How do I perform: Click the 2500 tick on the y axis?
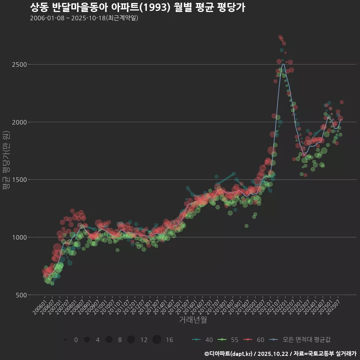[19, 64]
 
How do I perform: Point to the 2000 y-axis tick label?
[19, 122]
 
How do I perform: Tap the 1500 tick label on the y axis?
[19, 180]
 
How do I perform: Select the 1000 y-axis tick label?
[19, 237]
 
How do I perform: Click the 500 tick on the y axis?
[21, 295]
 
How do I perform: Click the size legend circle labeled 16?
[157, 340]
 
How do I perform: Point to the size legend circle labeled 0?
[65, 340]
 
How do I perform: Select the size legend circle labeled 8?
[109, 340]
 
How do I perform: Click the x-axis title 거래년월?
[193, 319]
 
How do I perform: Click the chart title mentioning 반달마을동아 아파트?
[137, 7]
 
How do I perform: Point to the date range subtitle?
[84, 18]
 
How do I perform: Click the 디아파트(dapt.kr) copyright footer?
[280, 354]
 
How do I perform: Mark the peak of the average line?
[283, 64]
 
